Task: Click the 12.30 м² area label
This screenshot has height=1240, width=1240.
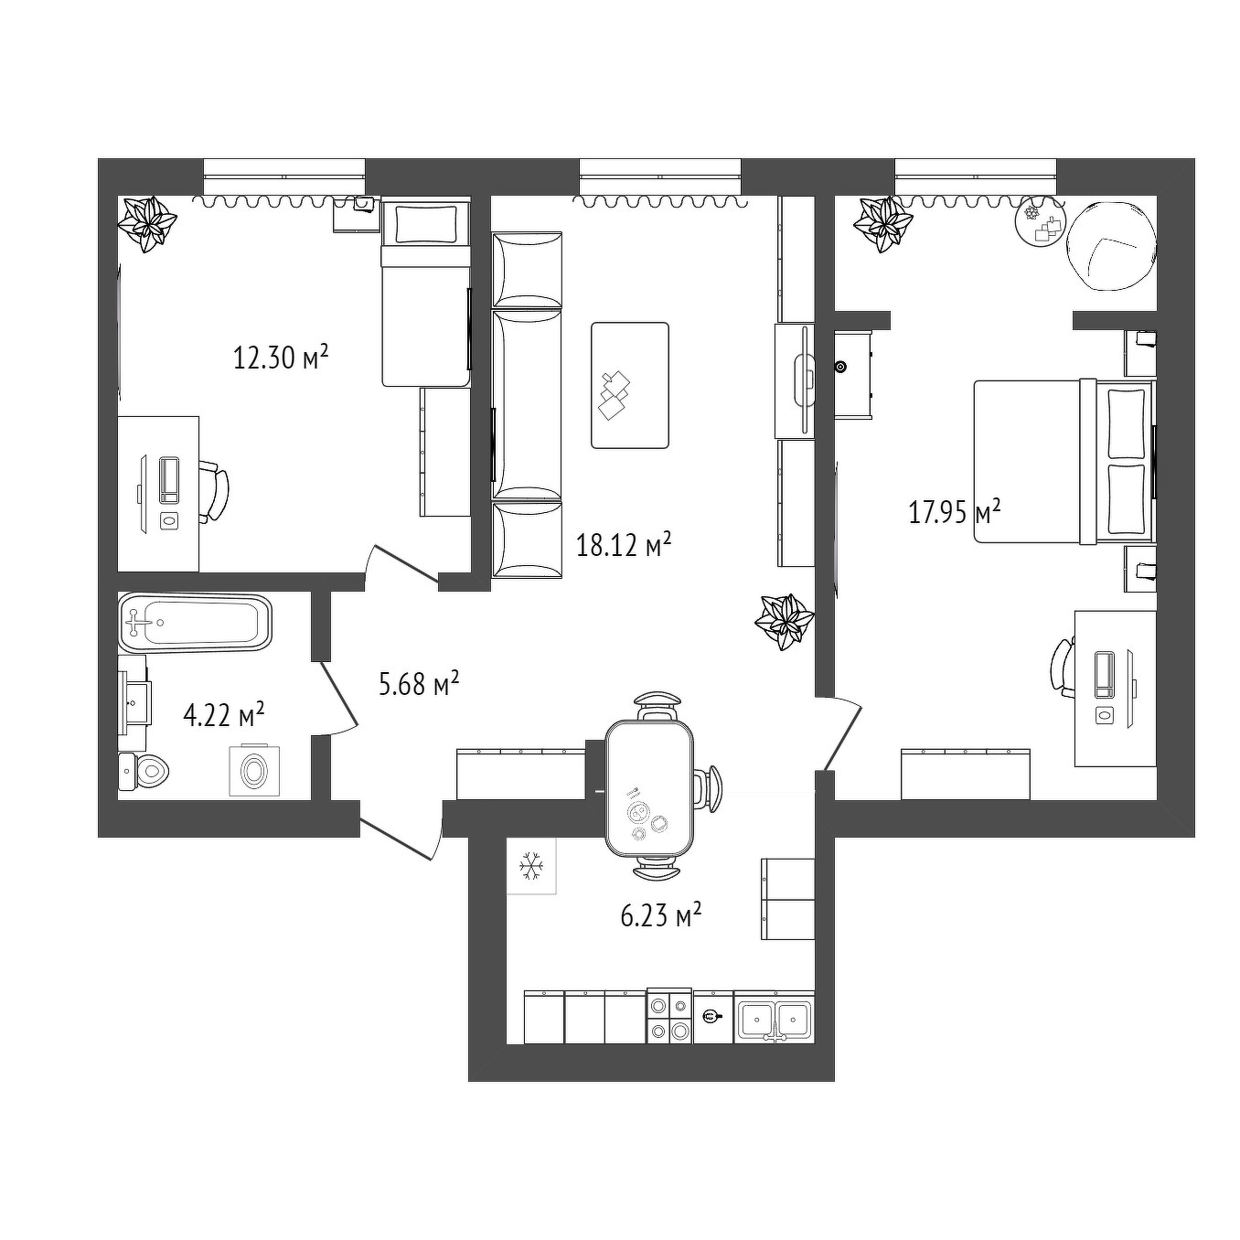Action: [282, 357]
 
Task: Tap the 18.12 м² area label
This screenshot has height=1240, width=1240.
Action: [625, 545]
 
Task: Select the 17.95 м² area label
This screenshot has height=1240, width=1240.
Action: [955, 512]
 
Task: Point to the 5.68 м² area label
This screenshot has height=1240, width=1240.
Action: [419, 683]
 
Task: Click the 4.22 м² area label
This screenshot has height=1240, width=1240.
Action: [224, 715]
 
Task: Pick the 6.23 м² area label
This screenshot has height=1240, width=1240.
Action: [660, 914]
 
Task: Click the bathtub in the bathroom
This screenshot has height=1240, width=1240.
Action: [196, 622]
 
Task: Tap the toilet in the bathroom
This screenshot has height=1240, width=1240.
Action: [144, 770]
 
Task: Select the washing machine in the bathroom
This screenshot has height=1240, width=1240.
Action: [254, 770]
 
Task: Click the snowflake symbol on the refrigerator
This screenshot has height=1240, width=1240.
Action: [531, 865]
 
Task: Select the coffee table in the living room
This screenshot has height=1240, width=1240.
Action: [630, 385]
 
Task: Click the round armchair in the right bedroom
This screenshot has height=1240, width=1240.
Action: [1111, 247]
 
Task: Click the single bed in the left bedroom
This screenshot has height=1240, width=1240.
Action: [425, 294]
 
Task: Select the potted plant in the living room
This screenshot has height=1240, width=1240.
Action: [785, 622]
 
